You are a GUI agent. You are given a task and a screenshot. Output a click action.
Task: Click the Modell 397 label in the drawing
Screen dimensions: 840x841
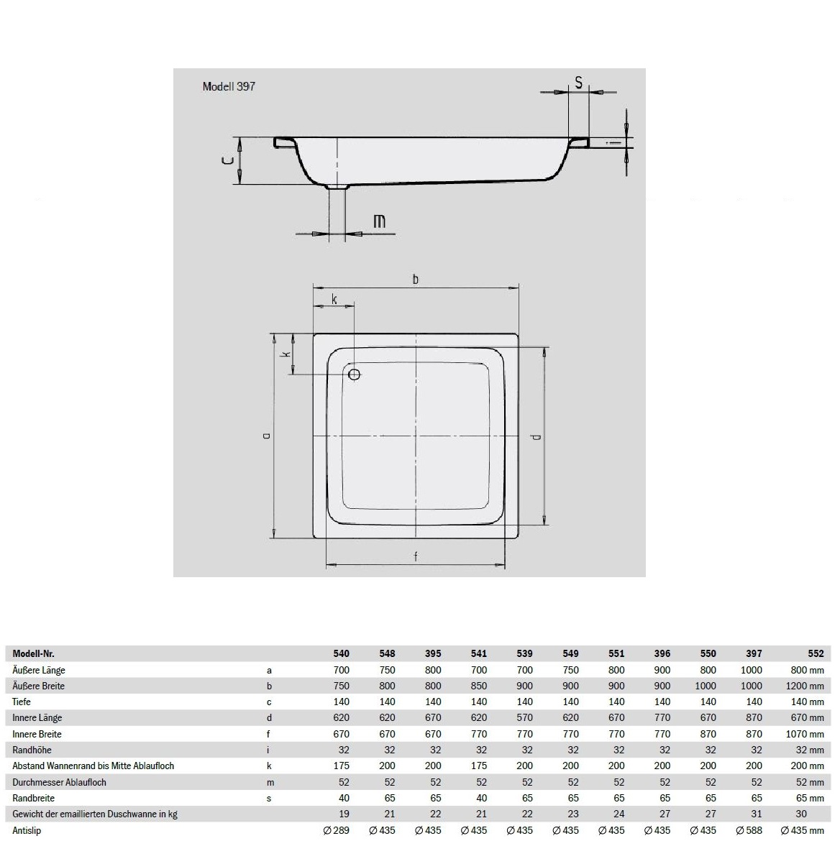coord(229,86)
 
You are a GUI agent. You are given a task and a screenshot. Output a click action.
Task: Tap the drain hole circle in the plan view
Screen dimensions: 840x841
coord(354,374)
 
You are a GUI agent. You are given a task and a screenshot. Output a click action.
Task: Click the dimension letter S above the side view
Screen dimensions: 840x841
coord(579,83)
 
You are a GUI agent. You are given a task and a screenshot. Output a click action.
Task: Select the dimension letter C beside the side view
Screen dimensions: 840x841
coord(229,160)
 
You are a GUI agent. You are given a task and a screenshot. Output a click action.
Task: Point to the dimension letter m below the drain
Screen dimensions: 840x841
coord(379,221)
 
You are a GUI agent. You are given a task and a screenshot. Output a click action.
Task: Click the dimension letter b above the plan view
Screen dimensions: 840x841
coord(416,279)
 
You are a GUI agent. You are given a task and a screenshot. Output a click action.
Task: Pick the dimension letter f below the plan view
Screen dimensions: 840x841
coord(416,557)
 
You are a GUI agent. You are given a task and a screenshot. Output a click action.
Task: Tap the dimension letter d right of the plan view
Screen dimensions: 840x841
coord(535,436)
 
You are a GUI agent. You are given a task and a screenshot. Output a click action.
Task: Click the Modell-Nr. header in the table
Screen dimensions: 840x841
coord(33,653)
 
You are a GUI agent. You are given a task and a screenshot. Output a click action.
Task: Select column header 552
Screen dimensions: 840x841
coord(816,653)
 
